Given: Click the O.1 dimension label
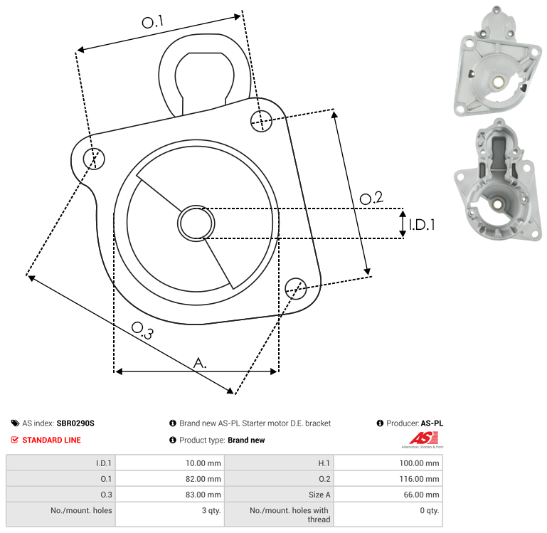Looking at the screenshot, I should click(x=152, y=23).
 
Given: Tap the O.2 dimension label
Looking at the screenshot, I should click(x=371, y=199).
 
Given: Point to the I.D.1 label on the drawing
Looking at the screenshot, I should click(x=421, y=225).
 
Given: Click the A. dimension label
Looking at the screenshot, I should click(x=201, y=363).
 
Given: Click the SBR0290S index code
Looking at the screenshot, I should click(x=75, y=423).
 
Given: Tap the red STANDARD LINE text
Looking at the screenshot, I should click(x=51, y=440).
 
